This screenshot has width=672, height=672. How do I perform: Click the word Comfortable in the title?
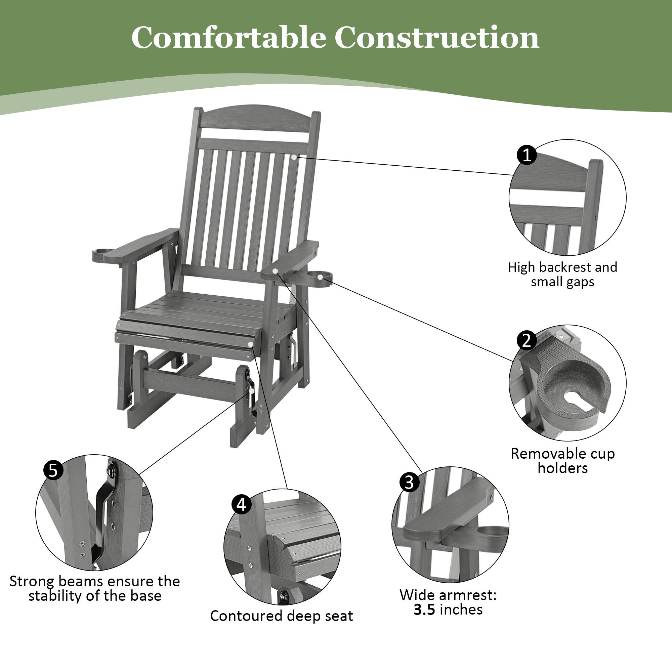(x=228, y=38)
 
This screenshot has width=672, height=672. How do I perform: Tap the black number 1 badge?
(x=527, y=155)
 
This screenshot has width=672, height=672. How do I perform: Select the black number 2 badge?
(x=526, y=340)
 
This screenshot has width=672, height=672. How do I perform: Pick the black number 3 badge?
(x=409, y=482)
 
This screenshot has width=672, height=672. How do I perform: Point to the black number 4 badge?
(x=241, y=505)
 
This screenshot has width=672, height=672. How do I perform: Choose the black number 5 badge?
(x=53, y=471)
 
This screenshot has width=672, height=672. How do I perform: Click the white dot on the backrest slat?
(x=294, y=157)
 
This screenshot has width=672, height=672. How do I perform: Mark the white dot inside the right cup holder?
(x=320, y=277)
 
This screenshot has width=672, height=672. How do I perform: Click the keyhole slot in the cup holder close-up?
(x=578, y=397)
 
